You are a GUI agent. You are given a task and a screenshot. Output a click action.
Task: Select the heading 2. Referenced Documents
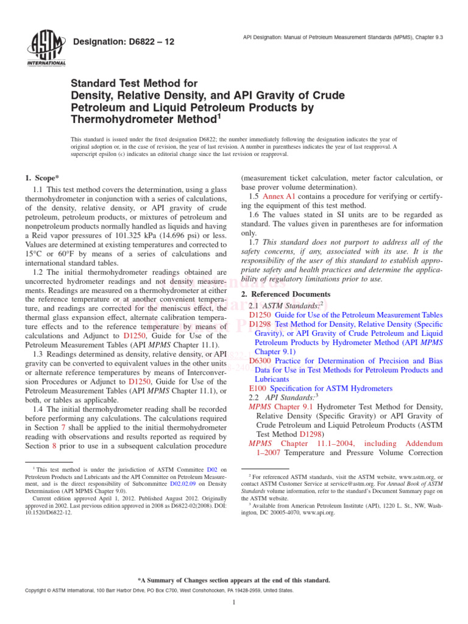[x=280, y=294]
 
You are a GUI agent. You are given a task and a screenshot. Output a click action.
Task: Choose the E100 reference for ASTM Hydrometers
[x=258, y=388]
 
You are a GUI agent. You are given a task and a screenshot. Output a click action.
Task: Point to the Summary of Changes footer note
[x=234, y=580]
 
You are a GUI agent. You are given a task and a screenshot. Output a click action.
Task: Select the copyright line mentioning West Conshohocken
[x=158, y=590]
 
